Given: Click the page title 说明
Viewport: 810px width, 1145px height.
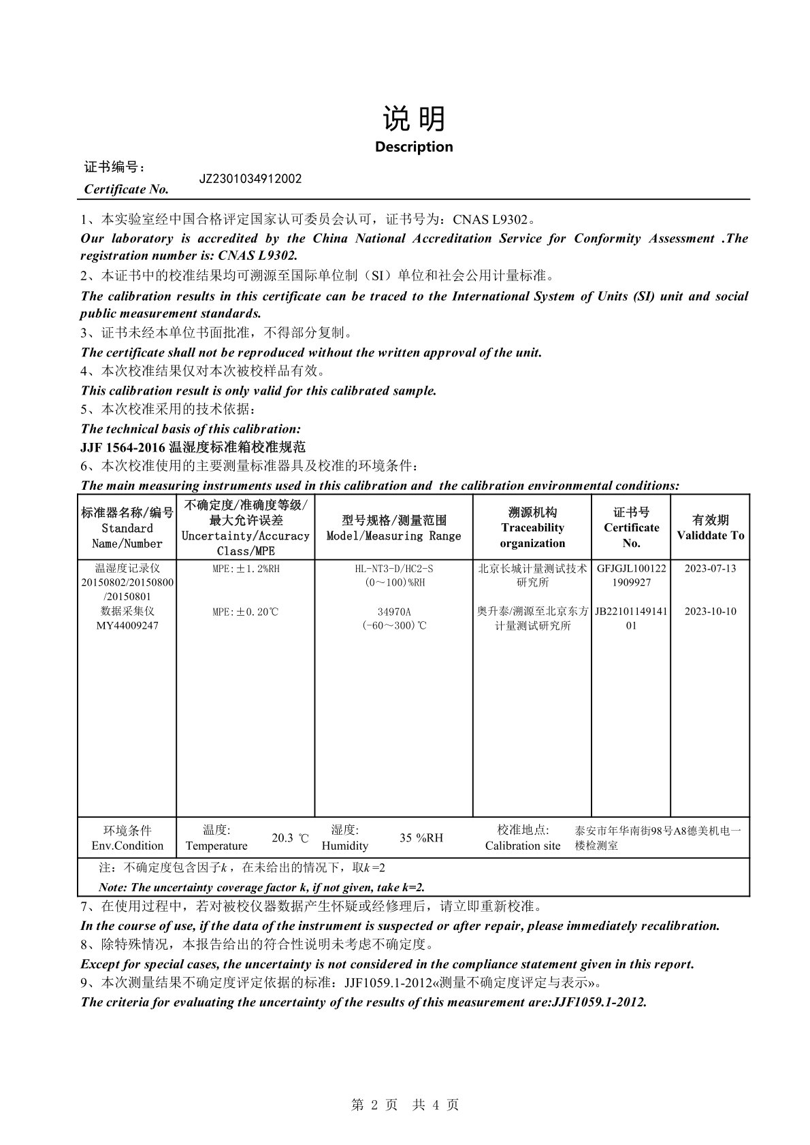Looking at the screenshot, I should [x=413, y=118].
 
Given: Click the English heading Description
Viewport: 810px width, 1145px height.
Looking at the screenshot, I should [x=413, y=146].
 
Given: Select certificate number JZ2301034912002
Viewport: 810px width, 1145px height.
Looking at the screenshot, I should [x=250, y=179].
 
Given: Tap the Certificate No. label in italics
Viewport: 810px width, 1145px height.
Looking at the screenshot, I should [x=126, y=189].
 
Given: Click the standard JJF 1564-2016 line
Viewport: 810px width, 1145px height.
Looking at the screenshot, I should [x=193, y=447].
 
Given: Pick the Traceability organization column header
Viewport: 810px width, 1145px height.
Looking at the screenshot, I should [x=532, y=527].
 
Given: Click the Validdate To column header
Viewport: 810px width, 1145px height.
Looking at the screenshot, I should [x=710, y=527].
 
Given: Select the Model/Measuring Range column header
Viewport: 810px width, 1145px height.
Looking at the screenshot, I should [x=393, y=528].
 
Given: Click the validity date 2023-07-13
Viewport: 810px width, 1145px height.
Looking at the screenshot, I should [x=710, y=568].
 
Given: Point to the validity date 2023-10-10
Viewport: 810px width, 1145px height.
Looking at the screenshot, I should [x=710, y=611].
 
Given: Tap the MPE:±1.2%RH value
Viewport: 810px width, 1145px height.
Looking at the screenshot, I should [x=245, y=568].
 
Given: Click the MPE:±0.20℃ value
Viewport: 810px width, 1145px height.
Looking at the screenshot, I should [x=245, y=612].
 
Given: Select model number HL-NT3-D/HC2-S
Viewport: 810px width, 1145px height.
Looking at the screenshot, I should [x=393, y=568].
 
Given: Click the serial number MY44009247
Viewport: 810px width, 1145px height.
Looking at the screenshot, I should [x=127, y=625].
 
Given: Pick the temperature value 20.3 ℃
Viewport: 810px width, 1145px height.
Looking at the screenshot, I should [x=290, y=837].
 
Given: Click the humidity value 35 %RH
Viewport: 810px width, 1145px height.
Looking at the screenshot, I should [x=421, y=837].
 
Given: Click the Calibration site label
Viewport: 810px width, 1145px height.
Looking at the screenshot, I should [x=523, y=846].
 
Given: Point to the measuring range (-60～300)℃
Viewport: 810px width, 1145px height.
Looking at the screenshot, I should [x=393, y=625].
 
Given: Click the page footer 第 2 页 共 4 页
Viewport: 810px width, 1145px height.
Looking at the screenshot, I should [x=405, y=1105].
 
